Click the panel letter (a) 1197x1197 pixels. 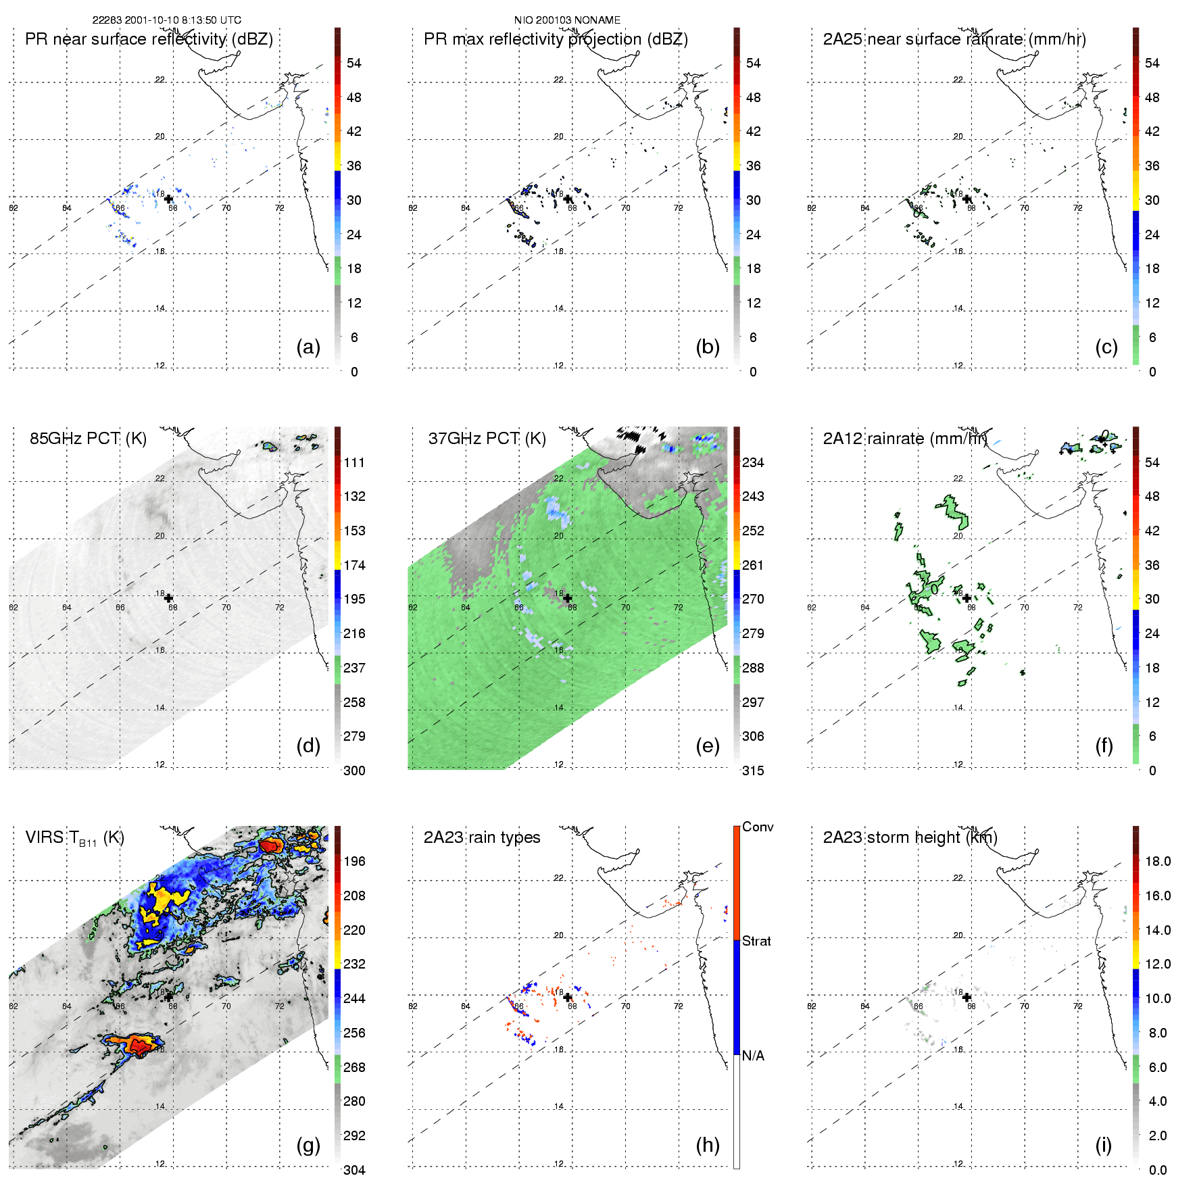[x=308, y=347]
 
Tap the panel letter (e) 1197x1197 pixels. [x=707, y=746]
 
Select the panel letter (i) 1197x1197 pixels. [x=1103, y=1145]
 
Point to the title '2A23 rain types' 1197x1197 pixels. [x=482, y=837]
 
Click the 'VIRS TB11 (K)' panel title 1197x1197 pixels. [x=74, y=838]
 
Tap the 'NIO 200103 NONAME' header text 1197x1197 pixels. [x=567, y=20]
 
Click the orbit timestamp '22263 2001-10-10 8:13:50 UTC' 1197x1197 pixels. [x=167, y=20]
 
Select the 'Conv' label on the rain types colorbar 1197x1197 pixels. [x=758, y=827]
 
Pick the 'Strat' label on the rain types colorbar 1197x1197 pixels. [x=756, y=942]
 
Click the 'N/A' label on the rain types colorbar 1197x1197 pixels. [x=753, y=1056]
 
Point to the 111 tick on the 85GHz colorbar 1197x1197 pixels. [x=354, y=463]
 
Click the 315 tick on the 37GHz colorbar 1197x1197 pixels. [x=753, y=771]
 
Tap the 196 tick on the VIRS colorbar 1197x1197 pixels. [x=354, y=862]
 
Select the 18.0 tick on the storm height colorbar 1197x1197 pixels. [x=1158, y=862]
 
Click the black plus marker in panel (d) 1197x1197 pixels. [x=168, y=598]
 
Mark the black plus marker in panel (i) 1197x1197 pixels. [x=967, y=997]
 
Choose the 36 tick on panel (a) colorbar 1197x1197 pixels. [x=354, y=166]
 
